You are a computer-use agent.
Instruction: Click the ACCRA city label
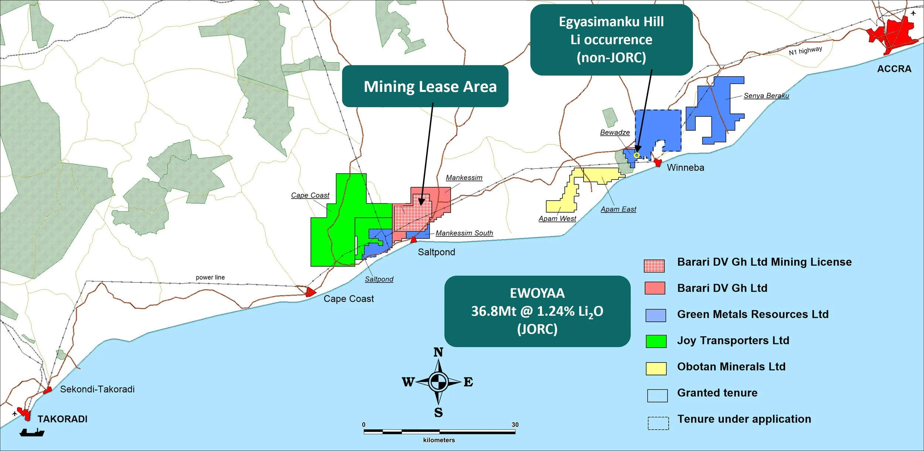894,69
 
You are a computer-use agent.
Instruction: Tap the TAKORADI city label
62,419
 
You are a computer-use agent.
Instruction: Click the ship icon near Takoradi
32,432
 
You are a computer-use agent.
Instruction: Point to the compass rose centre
438,382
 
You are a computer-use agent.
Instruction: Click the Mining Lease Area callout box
425,86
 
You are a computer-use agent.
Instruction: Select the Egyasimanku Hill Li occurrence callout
611,40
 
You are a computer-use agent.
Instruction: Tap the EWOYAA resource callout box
537,311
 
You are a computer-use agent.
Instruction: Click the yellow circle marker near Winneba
636,155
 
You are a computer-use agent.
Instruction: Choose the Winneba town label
685,168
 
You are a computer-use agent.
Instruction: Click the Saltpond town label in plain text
436,252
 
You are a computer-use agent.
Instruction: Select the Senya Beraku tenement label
766,96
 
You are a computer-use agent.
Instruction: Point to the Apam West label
557,219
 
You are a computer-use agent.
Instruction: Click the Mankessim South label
464,233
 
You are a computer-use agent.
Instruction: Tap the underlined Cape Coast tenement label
310,195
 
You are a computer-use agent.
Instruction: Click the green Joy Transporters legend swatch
656,341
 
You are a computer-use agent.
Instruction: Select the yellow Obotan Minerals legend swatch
656,368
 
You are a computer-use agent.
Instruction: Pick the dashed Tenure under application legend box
658,423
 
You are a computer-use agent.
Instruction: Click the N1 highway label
805,51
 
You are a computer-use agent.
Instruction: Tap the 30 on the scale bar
515,425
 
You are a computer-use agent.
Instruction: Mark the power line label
210,277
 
